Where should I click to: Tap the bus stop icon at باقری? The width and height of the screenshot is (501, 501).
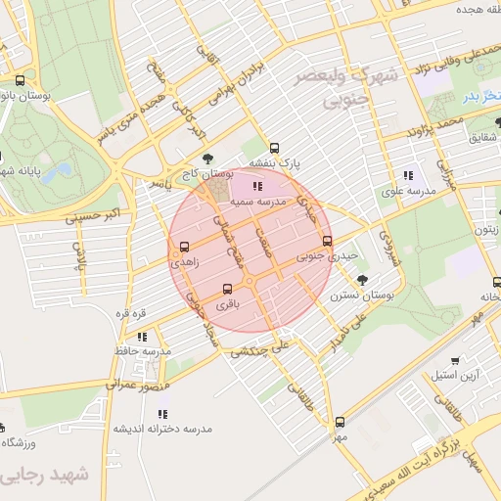(x=228, y=289)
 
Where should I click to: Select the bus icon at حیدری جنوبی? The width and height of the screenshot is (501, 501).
(x=327, y=241)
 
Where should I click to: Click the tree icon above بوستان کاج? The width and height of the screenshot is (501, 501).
(x=205, y=159)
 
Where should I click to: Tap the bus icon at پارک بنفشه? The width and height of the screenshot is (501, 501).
(x=275, y=147)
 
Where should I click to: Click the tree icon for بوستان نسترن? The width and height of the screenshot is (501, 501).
(x=363, y=279)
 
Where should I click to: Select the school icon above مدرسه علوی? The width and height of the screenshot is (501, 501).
(x=407, y=176)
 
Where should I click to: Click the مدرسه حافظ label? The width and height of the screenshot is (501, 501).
(x=143, y=350)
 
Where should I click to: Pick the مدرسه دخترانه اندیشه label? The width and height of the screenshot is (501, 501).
(x=161, y=430)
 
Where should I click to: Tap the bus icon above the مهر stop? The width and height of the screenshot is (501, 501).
(x=340, y=423)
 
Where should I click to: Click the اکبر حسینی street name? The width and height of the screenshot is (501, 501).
(x=99, y=212)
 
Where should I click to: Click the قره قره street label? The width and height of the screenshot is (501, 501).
(x=131, y=313)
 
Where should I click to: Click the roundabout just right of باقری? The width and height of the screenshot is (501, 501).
(x=250, y=282)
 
